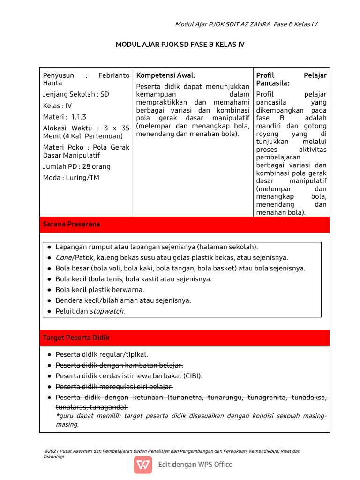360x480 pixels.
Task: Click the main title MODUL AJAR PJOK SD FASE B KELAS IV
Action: coord(180,45)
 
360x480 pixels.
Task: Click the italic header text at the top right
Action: coord(246,24)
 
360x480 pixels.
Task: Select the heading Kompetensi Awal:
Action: coord(165,75)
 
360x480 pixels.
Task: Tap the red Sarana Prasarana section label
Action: coord(72,225)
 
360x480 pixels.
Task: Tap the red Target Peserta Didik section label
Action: coord(76,337)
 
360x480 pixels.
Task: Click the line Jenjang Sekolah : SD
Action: coord(76,94)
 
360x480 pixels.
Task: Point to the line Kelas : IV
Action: coord(57,106)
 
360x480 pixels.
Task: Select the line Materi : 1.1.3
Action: coord(65,117)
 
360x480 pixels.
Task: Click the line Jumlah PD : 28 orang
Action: coord(77,166)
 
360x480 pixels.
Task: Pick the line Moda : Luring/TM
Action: coord(71,178)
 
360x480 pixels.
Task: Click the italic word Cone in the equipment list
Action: coord(64,257)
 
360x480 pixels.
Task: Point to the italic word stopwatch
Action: coord(107,311)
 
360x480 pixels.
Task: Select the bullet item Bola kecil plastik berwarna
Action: coord(100,290)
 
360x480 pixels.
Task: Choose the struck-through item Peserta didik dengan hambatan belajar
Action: coord(119,365)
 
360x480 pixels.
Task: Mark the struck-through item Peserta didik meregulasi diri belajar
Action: coord(114,387)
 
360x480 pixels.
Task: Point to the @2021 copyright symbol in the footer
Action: coord(45,451)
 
